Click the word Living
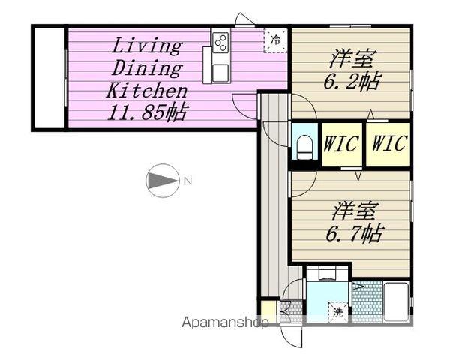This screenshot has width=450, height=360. coord(147,46)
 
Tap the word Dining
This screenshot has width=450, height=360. coord(147,68)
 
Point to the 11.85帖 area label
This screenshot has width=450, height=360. coord(148,112)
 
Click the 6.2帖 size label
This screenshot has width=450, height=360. coord(352,81)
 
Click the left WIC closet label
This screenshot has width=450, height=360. coord(341,143)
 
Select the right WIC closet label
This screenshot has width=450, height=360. coord(390,143)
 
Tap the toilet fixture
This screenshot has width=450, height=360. coord(304,147)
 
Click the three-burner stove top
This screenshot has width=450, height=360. coord(221,43)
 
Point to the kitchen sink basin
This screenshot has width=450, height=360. coord(221,73)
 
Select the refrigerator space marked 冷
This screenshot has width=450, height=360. coord(275,40)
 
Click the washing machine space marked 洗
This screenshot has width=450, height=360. coord(338,312)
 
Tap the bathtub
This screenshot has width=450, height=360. coord(396,301)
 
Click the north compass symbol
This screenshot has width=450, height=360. coord(163,181)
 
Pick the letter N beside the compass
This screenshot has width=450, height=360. coord(187,181)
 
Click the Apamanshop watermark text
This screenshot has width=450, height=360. coord(225,322)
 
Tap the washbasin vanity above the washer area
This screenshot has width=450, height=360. coord(328,274)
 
